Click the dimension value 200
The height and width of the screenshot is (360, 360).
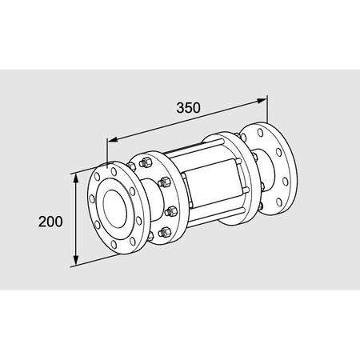pyautogui.click(x=50, y=221)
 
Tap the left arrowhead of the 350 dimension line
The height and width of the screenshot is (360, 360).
pyautogui.click(x=110, y=138)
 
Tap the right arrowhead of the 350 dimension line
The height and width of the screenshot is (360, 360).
pyautogui.click(x=263, y=100)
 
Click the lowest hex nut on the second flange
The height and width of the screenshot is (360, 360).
pyautogui.click(x=166, y=233)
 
